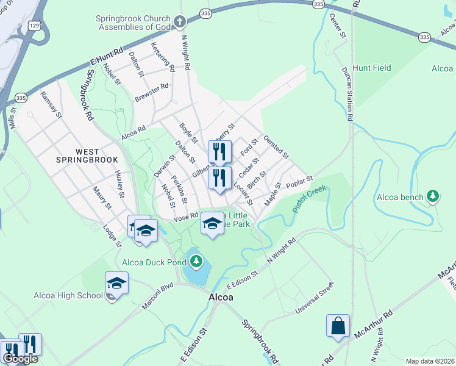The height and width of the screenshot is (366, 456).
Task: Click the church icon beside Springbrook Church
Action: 179,23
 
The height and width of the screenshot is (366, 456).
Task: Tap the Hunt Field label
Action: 372,69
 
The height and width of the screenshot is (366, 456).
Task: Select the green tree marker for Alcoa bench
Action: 433,196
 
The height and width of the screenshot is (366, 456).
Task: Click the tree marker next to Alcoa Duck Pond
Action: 196,262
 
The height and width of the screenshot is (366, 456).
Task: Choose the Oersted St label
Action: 276,148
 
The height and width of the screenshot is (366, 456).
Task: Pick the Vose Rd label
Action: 186,216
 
